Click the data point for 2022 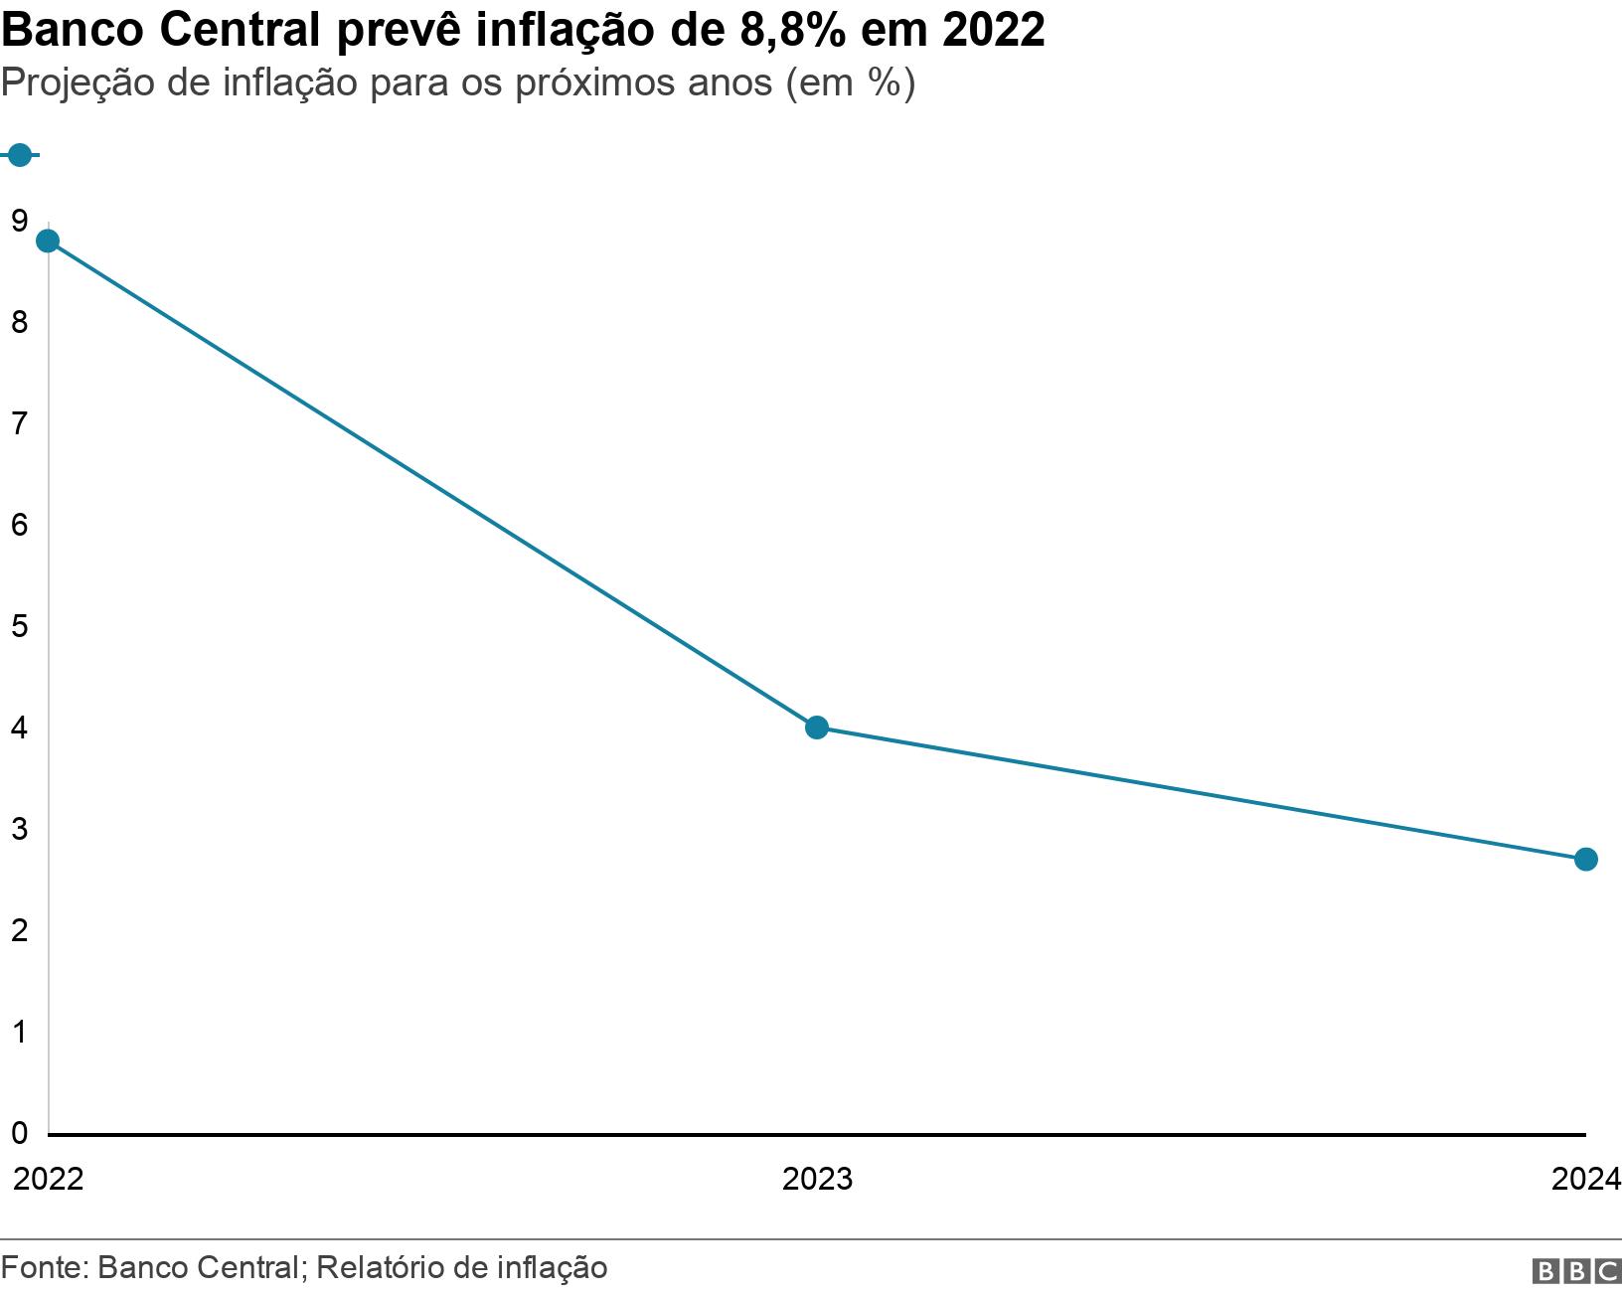click(x=48, y=242)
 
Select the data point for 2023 click(x=816, y=728)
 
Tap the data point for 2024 click(x=1586, y=859)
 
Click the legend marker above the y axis click(x=19, y=155)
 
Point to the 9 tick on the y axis click(x=19, y=221)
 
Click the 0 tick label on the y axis click(x=19, y=1132)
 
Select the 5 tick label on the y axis click(x=19, y=626)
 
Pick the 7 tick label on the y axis click(x=19, y=423)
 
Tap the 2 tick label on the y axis click(x=19, y=930)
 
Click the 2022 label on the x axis click(x=48, y=1179)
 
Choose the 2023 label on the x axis click(x=817, y=1179)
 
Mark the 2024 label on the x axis click(x=1586, y=1179)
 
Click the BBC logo click(x=1576, y=1271)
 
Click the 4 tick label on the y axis click(x=19, y=728)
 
